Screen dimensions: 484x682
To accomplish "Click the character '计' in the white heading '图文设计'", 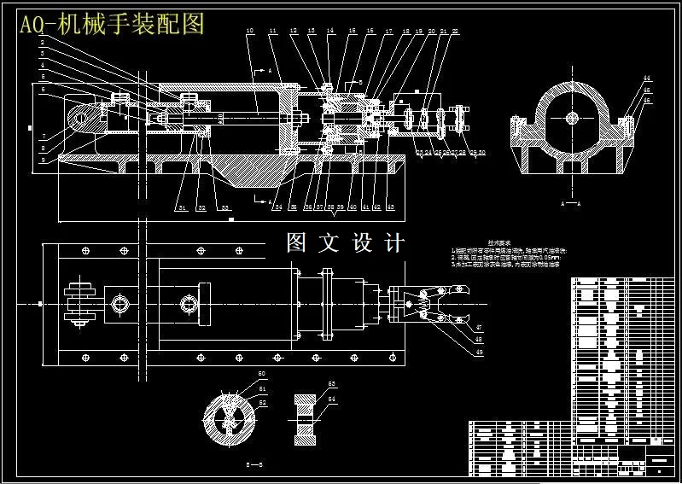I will [394, 242].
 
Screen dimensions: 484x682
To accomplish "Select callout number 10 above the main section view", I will [249, 32].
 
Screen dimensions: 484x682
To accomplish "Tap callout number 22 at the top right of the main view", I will [456, 32].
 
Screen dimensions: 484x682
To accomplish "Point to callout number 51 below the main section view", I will [181, 207].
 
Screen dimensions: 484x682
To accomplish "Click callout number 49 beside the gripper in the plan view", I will [479, 353].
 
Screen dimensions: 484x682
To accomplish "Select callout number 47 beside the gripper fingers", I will [479, 327].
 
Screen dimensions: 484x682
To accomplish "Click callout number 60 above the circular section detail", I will [262, 375].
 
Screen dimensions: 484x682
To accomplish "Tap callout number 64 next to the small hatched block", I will [333, 399].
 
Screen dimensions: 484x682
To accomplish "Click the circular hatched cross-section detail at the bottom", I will [229, 419].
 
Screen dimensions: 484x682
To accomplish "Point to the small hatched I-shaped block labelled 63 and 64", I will [305, 419].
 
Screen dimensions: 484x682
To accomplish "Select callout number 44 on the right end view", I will [647, 79].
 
